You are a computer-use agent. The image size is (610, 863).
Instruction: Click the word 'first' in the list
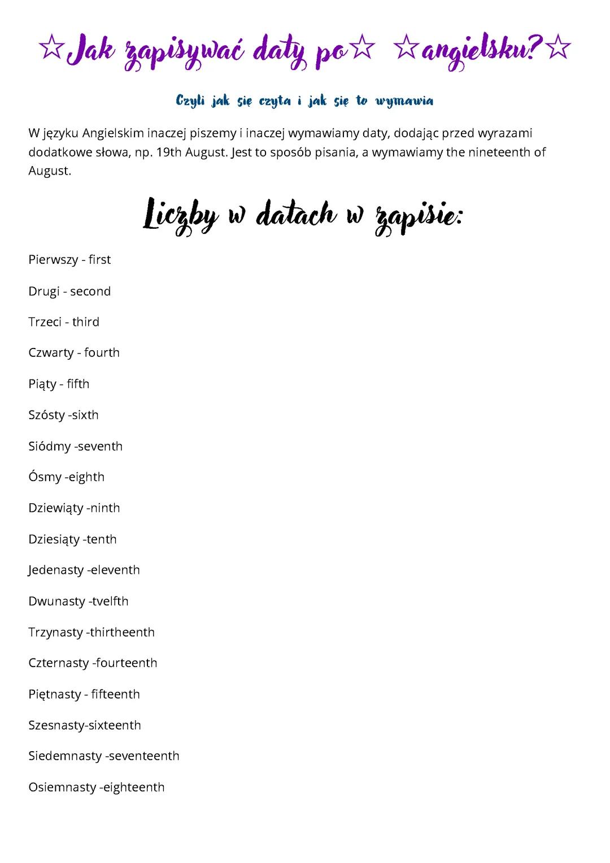(x=99, y=260)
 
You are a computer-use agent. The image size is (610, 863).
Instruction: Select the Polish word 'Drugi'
(x=43, y=291)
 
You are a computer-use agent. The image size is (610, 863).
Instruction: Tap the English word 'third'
(x=86, y=322)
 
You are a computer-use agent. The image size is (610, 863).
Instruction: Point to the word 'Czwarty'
(x=51, y=353)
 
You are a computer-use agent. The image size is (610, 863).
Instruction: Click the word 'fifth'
(x=78, y=384)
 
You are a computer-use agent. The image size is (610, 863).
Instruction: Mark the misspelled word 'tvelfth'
(x=110, y=601)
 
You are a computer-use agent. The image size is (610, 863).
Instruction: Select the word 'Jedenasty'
(x=55, y=570)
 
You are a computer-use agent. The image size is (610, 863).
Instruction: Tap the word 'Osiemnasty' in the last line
(x=62, y=787)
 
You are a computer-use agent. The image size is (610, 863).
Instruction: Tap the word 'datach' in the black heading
(x=295, y=215)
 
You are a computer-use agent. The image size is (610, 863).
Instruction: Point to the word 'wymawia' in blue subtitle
(x=404, y=101)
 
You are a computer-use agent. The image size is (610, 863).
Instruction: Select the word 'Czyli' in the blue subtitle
(x=190, y=101)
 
